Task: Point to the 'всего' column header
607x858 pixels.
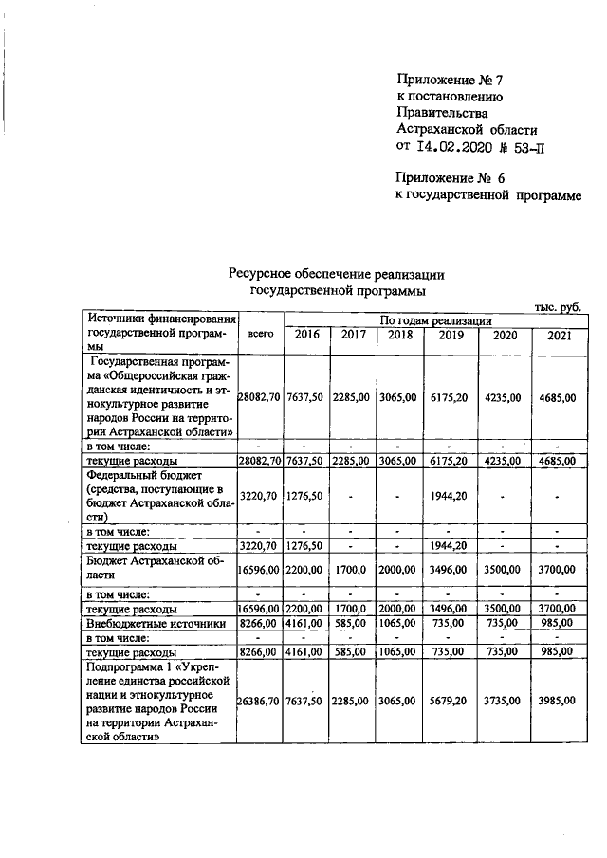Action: click(261, 334)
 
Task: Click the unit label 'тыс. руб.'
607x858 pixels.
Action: click(557, 307)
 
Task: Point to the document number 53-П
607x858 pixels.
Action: click(529, 146)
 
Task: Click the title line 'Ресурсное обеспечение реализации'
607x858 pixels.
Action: click(336, 274)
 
